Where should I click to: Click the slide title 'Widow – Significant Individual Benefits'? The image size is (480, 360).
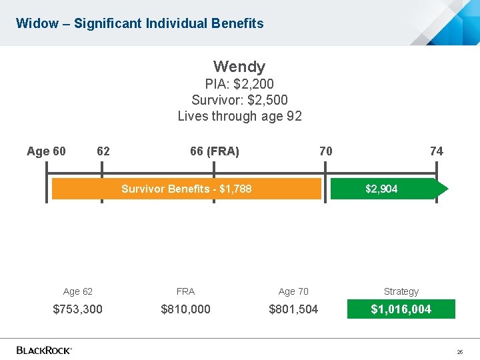[x=139, y=24]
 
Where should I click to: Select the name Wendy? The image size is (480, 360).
[x=239, y=67]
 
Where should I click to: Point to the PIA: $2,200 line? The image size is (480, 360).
[x=239, y=84]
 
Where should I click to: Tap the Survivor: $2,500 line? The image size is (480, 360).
[x=239, y=100]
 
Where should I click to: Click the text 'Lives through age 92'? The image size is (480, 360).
[x=239, y=116]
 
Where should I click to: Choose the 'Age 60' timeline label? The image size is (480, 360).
[x=46, y=151]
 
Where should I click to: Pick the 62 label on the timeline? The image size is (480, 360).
[x=103, y=151]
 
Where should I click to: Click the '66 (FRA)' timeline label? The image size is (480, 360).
[x=214, y=151]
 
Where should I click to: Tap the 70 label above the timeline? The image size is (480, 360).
[x=325, y=151]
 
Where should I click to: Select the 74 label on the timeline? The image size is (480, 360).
[x=436, y=151]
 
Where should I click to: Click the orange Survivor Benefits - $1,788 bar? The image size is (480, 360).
[x=187, y=189]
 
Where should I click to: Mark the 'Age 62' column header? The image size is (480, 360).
[x=78, y=291]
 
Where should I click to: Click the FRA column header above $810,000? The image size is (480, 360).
[x=185, y=291]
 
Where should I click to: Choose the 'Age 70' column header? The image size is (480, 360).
[x=293, y=291]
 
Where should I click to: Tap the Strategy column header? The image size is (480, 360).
[x=401, y=291]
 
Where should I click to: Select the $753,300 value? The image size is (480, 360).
[x=78, y=309]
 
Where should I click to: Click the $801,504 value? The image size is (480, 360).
[x=293, y=309]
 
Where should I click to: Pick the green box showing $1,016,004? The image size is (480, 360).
[x=401, y=309]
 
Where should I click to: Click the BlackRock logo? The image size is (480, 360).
[x=44, y=349]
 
